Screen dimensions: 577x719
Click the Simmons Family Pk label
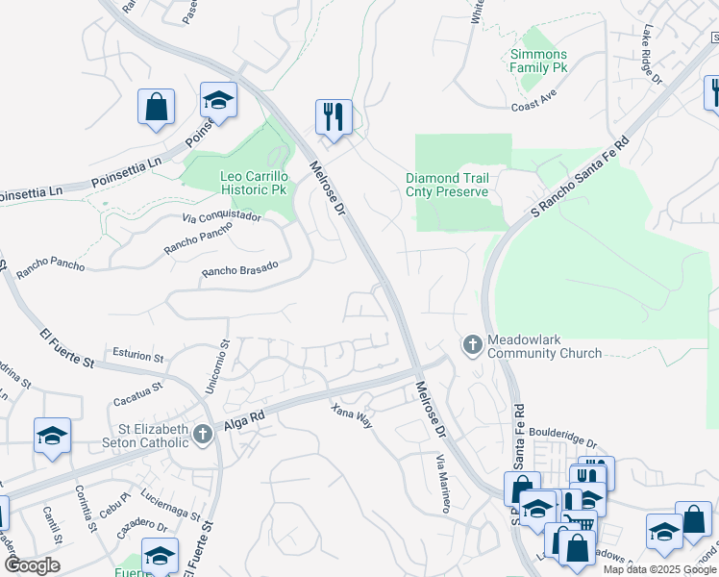pyautogui.click(x=538, y=62)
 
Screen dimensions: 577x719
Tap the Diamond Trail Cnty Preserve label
pyautogui.click(x=447, y=185)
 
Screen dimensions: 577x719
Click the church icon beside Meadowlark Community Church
pyautogui.click(x=472, y=343)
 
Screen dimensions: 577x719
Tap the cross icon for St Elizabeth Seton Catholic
pyautogui.click(x=202, y=435)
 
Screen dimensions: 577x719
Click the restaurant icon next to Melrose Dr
pyautogui.click(x=334, y=116)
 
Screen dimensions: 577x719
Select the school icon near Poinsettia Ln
pyautogui.click(x=218, y=100)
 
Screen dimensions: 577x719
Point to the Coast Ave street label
pyautogui.click(x=534, y=107)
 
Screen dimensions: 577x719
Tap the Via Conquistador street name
pyautogui.click(x=221, y=217)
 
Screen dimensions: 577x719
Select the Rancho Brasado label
pyautogui.click(x=239, y=269)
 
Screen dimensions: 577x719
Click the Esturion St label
pyautogui.click(x=138, y=355)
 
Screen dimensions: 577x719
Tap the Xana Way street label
pyautogui.click(x=351, y=415)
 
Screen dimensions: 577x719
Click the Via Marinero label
pyautogui.click(x=442, y=484)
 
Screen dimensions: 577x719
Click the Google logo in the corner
pyautogui.click(x=32, y=565)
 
